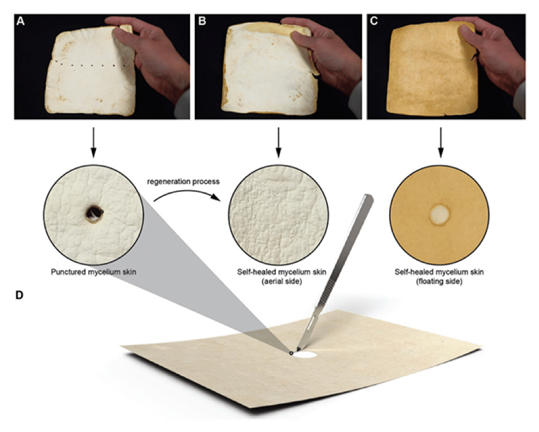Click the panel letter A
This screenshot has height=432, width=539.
pos(20,22)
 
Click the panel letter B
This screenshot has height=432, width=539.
pos(202,22)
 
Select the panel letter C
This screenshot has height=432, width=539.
pos(374,22)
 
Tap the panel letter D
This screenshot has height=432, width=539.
pos(20,295)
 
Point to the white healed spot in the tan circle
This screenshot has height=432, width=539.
pos(439,215)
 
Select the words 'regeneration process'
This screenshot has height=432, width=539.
pos(183,181)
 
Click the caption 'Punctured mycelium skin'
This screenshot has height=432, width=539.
pos(94,272)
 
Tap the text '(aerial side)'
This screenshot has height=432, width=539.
pos(282,281)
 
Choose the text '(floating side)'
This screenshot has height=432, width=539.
pos(439,281)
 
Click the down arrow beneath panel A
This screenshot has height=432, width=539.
pos(93,142)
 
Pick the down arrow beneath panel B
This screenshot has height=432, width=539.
pos(278,142)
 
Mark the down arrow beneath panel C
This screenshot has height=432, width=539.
pos(441,142)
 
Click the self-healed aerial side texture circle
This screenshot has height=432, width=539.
pos(278,215)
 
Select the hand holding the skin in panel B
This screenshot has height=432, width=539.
pos(327,58)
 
